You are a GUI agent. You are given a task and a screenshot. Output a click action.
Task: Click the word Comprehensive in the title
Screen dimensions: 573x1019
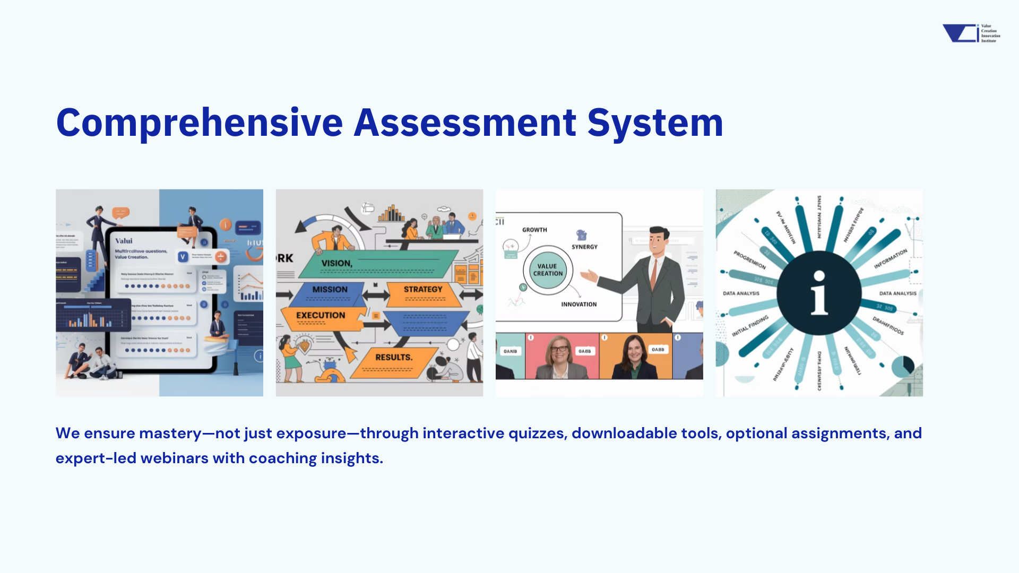pyautogui.click(x=200, y=123)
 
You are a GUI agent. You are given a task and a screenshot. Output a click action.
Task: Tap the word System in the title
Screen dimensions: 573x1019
pyautogui.click(x=655, y=123)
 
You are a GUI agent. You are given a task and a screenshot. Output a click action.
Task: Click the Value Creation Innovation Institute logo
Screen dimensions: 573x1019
pyautogui.click(x=971, y=33)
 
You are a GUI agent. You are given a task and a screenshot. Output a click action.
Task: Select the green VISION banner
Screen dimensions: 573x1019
pyautogui.click(x=372, y=264)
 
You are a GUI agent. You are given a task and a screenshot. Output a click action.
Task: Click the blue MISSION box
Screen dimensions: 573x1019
pyautogui.click(x=330, y=290)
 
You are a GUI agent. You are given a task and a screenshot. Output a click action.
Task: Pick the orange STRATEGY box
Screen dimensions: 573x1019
pyautogui.click(x=423, y=290)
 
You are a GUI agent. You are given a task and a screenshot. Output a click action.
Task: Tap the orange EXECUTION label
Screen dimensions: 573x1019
pyautogui.click(x=321, y=316)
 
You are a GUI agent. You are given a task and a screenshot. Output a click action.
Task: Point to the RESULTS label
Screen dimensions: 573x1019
pyautogui.click(x=394, y=358)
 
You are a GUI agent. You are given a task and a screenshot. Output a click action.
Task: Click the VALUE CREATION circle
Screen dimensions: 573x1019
pyautogui.click(x=548, y=270)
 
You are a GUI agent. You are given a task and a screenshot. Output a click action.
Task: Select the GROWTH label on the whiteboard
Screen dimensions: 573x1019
pyautogui.click(x=534, y=230)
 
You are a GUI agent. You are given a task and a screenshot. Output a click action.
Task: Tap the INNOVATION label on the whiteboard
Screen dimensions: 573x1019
pyautogui.click(x=579, y=305)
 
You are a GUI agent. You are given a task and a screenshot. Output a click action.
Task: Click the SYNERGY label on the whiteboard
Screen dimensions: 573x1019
pyautogui.click(x=584, y=247)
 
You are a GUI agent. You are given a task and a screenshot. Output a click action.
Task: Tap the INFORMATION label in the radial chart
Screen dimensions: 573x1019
pyautogui.click(x=891, y=259)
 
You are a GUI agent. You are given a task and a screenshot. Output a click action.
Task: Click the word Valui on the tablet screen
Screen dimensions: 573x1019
pyautogui.click(x=124, y=241)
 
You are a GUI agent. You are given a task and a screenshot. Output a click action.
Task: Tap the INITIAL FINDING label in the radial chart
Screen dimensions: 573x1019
pyautogui.click(x=750, y=326)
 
